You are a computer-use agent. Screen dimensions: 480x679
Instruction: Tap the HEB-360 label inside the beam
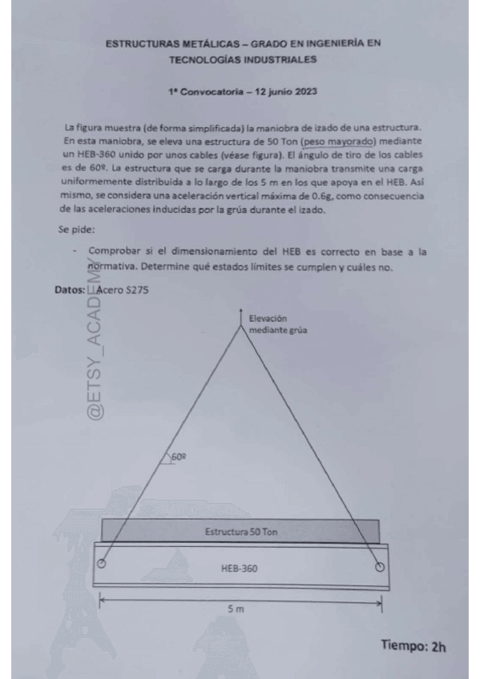click(239, 568)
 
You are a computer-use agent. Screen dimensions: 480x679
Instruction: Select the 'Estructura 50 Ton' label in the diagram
click(241, 532)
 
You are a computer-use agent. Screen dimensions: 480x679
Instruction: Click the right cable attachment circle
click(379, 567)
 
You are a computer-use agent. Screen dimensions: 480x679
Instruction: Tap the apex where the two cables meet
click(240, 327)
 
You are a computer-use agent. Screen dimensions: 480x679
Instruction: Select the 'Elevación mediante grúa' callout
click(277, 323)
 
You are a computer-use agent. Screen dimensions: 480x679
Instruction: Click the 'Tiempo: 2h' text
click(413, 645)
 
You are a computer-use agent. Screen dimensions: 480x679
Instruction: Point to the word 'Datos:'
click(70, 291)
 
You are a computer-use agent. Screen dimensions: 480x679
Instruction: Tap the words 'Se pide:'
click(78, 228)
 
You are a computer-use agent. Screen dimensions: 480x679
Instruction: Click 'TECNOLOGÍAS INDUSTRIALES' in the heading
click(243, 58)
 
